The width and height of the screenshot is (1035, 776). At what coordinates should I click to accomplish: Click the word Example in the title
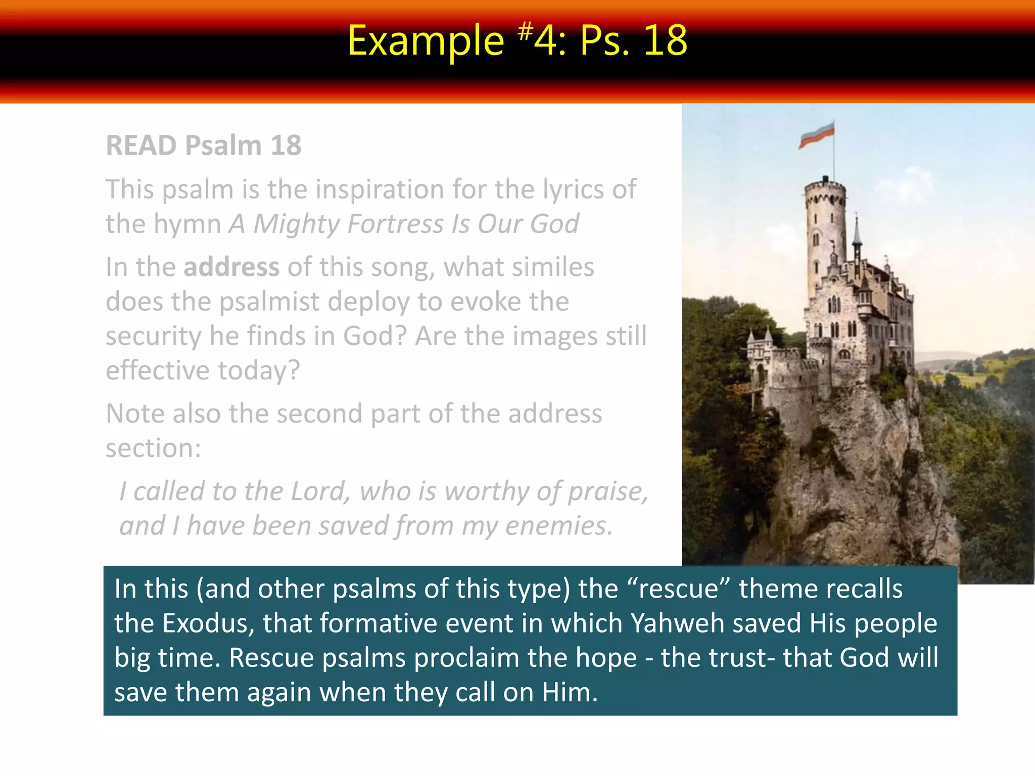tap(426, 41)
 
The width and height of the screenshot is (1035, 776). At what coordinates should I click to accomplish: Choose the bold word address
tap(231, 267)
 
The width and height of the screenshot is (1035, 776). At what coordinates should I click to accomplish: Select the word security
tap(153, 336)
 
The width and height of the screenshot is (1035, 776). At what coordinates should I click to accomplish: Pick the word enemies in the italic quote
tap(558, 525)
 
